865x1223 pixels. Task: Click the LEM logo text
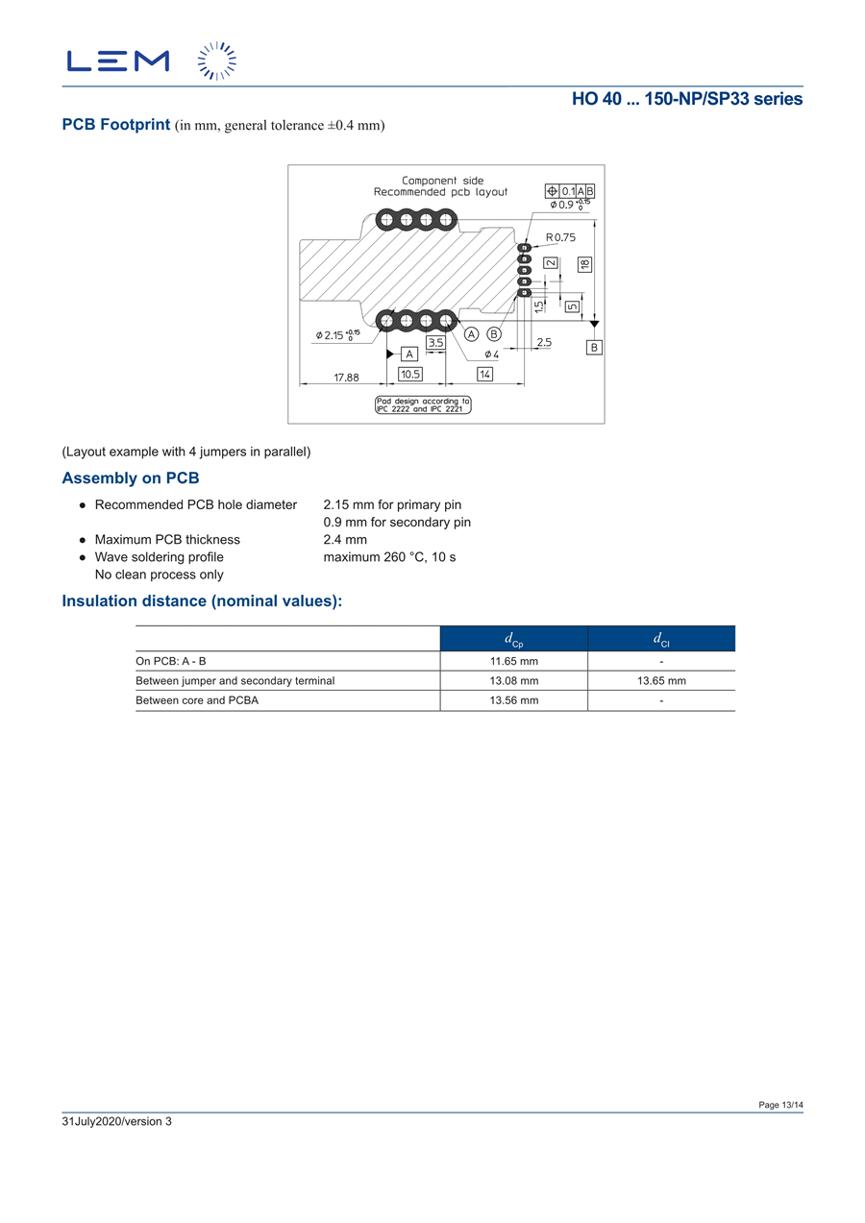pyautogui.click(x=117, y=61)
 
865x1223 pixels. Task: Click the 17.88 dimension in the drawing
pyautogui.click(x=346, y=378)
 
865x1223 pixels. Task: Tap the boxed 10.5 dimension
pyautogui.click(x=410, y=374)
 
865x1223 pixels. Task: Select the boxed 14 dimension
pyautogui.click(x=484, y=374)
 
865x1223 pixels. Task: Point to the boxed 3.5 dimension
pyautogui.click(x=435, y=342)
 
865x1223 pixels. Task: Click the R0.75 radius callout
pyautogui.click(x=560, y=237)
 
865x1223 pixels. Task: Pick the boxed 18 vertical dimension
pyautogui.click(x=584, y=264)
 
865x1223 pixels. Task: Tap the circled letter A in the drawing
pyautogui.click(x=472, y=334)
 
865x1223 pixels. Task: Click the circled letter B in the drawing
pyautogui.click(x=494, y=334)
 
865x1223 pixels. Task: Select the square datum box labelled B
pyautogui.click(x=595, y=347)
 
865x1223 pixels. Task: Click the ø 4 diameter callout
pyautogui.click(x=492, y=355)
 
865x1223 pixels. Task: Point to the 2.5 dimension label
pyautogui.click(x=544, y=342)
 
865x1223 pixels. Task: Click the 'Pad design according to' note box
pyautogui.click(x=423, y=404)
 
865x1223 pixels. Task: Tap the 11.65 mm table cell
pyautogui.click(x=513, y=661)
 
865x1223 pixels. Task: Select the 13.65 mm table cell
pyautogui.click(x=661, y=680)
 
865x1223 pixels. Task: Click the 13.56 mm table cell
pyautogui.click(x=513, y=700)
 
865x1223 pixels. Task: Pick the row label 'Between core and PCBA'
pyautogui.click(x=197, y=700)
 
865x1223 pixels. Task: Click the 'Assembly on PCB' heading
pyautogui.click(x=131, y=478)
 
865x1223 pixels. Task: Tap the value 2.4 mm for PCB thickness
pyautogui.click(x=345, y=540)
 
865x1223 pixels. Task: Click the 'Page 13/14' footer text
pyautogui.click(x=780, y=1105)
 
